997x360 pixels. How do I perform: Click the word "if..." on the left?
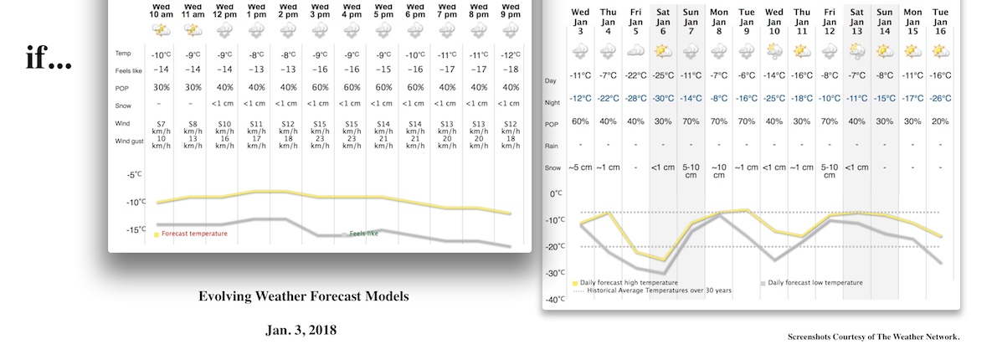click(49, 59)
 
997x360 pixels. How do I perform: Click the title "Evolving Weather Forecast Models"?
click(304, 297)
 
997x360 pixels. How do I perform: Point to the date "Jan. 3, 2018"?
click(301, 330)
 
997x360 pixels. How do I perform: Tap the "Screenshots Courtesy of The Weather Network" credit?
click(873, 337)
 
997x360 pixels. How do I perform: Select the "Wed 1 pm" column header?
click(255, 11)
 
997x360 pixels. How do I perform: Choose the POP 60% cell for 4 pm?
click(351, 87)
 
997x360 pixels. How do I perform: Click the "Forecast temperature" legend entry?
click(193, 234)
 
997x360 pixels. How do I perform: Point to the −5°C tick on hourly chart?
click(135, 175)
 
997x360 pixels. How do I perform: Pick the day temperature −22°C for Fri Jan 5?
click(635, 75)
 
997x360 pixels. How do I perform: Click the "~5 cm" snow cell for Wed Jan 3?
click(579, 167)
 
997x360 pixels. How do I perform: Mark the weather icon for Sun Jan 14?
click(884, 51)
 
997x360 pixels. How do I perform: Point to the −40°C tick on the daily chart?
click(554, 300)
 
